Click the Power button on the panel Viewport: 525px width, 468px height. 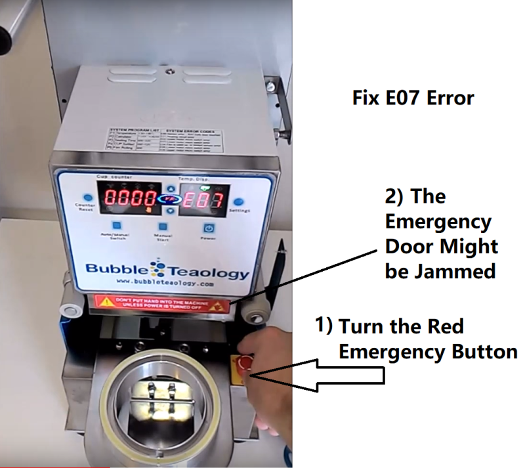click(208, 228)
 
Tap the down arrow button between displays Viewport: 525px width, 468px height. click(171, 210)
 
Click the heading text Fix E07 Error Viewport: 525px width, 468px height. click(413, 98)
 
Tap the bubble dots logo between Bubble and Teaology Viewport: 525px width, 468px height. click(157, 270)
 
